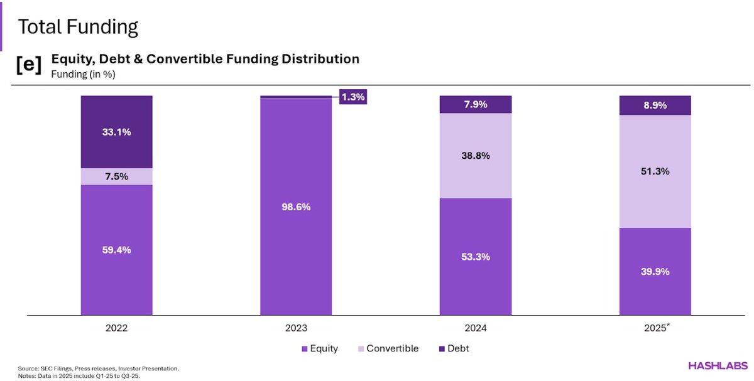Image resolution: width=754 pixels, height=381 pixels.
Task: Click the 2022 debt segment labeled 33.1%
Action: pyautogui.click(x=116, y=132)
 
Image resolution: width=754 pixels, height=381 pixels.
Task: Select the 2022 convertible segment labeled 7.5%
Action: pyautogui.click(x=116, y=176)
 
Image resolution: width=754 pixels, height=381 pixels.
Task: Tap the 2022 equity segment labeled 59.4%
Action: pyautogui.click(x=116, y=250)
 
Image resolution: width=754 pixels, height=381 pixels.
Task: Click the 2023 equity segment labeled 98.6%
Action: pyautogui.click(x=296, y=206)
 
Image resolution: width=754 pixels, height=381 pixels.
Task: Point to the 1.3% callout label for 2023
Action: pyautogui.click(x=352, y=97)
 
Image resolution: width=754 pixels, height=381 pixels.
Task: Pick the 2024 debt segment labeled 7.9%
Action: pyautogui.click(x=476, y=104)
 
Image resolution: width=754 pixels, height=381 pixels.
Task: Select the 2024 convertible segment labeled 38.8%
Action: pyautogui.click(x=476, y=156)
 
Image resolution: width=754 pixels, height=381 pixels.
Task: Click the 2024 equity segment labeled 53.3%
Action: pyautogui.click(x=476, y=256)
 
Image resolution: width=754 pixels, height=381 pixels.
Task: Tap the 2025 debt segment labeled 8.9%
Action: pyautogui.click(x=655, y=105)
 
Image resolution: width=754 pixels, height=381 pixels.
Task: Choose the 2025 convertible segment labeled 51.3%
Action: pyautogui.click(x=655, y=171)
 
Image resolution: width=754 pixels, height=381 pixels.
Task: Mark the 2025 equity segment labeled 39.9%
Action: pyautogui.click(x=655, y=271)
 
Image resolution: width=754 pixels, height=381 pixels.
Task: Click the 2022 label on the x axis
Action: pyautogui.click(x=116, y=328)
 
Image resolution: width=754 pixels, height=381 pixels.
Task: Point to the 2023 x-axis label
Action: pyautogui.click(x=296, y=328)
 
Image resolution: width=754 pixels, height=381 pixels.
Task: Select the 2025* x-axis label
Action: pyautogui.click(x=656, y=328)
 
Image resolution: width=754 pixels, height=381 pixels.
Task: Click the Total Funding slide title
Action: pyautogui.click(x=77, y=27)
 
